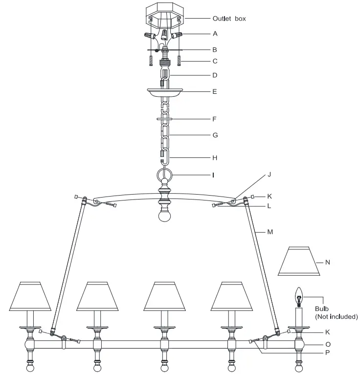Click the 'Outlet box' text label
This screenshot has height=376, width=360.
pyautogui.click(x=229, y=19)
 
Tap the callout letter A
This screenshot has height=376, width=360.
pyautogui.click(x=215, y=34)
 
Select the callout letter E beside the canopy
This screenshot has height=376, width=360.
pyautogui.click(x=215, y=91)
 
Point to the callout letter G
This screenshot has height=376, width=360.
pyautogui.click(x=215, y=134)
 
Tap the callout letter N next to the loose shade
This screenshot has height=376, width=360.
pyautogui.click(x=328, y=262)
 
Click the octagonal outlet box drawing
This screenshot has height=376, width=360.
pyautogui.click(x=164, y=14)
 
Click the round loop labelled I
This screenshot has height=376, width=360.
pyautogui.click(x=165, y=175)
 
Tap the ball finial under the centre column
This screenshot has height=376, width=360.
pyautogui.click(x=164, y=215)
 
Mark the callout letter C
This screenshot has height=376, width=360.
pyautogui.click(x=215, y=61)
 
